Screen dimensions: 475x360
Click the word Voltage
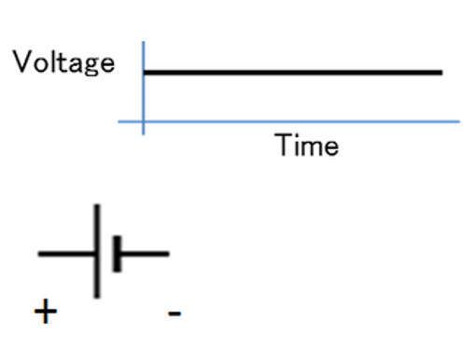63,63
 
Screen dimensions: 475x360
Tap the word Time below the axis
306,145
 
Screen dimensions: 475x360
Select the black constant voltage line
291,72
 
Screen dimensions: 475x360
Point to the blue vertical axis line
143,93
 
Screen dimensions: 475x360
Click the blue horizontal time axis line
299,121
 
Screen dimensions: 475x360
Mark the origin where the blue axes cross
143,121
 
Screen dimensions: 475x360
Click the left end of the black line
146,72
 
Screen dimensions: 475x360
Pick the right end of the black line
440,72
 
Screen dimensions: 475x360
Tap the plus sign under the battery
44,312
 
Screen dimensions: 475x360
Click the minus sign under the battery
175,312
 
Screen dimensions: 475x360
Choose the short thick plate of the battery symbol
117,253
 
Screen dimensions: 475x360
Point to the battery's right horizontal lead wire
144,253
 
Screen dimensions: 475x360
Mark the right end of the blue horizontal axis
458,121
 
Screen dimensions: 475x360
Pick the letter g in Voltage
89,67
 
